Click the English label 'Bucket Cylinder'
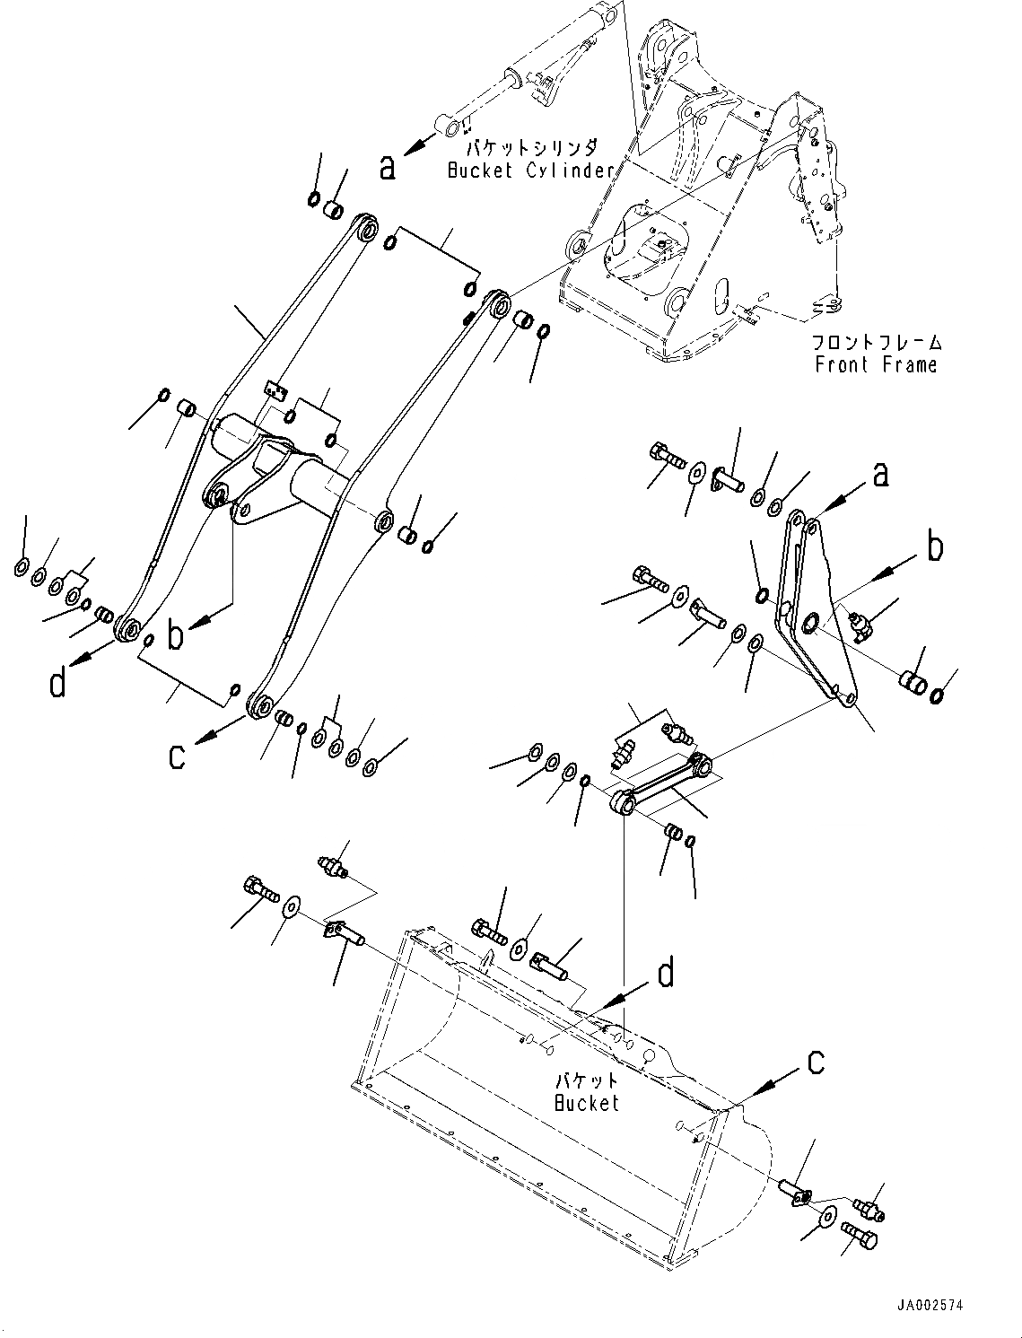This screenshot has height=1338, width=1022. (x=529, y=171)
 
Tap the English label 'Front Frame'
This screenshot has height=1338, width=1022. (x=876, y=364)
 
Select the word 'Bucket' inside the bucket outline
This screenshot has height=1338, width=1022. (x=587, y=1103)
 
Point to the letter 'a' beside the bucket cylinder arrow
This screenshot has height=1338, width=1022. (x=388, y=167)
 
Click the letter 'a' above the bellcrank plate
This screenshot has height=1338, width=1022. (x=880, y=474)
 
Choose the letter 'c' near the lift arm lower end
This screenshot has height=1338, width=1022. (x=178, y=756)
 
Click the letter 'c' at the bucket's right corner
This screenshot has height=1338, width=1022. (x=815, y=1063)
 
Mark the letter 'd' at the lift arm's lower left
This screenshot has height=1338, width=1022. (x=57, y=684)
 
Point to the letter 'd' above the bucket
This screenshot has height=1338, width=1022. (x=665, y=973)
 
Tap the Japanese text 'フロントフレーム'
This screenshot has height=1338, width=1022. (x=876, y=343)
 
